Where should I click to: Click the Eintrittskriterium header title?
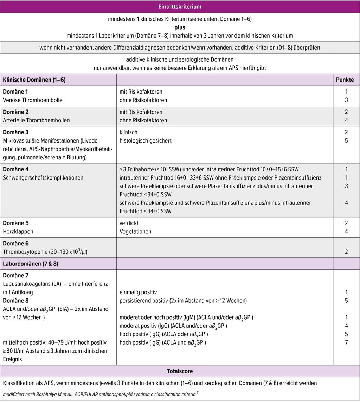pyautogui.click(x=180, y=7)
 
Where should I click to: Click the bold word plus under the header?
pyautogui.click(x=180, y=27)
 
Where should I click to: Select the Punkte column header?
pyautogui.click(x=345, y=80)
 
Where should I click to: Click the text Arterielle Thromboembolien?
pyautogui.click(x=36, y=120)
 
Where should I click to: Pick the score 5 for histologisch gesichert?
pyautogui.click(x=346, y=141)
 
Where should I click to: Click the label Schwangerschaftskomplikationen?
pyautogui.click(x=43, y=178)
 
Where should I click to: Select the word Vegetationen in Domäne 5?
pyautogui.click(x=135, y=232)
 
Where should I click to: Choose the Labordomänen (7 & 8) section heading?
pyautogui.click(x=31, y=264)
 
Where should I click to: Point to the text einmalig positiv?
pyautogui.click(x=138, y=292)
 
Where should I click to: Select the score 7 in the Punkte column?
pyautogui.click(x=346, y=342)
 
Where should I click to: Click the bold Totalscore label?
pyautogui.click(x=180, y=371)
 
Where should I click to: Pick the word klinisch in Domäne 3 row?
pyautogui.click(x=128, y=132)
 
